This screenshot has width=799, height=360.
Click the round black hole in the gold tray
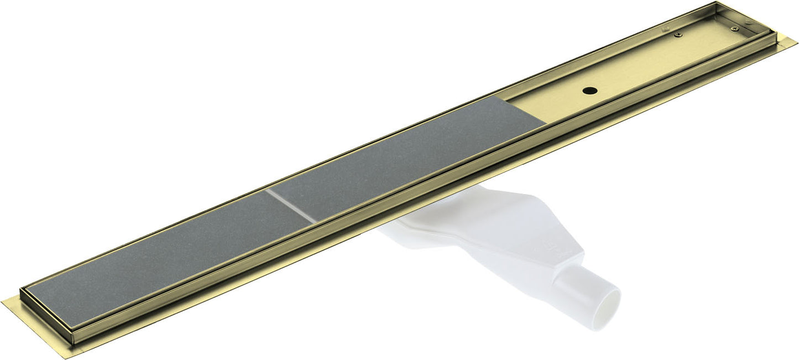pos(591,88)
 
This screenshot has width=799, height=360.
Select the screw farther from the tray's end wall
pos(680,35)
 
